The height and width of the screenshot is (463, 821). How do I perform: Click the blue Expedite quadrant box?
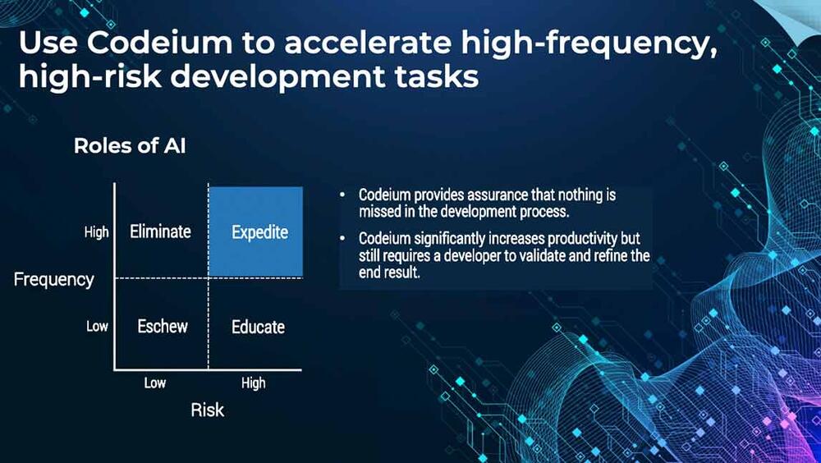[x=256, y=231]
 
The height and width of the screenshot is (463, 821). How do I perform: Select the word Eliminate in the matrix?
[x=160, y=231]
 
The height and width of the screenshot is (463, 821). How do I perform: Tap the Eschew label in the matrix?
[x=163, y=326]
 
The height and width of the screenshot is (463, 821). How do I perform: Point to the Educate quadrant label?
[x=258, y=327]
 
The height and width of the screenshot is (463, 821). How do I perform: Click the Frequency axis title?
[x=54, y=280]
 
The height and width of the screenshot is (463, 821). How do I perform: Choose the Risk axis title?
[x=208, y=410]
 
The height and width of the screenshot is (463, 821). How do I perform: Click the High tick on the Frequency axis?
[x=96, y=232]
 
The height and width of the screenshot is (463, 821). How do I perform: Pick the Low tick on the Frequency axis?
[x=98, y=326]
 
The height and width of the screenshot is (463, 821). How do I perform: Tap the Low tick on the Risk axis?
[x=155, y=383]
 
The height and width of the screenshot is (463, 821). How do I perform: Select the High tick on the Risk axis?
[x=254, y=383]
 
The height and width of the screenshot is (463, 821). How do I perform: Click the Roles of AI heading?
[x=130, y=145]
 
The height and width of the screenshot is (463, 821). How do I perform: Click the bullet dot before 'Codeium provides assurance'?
[x=342, y=195]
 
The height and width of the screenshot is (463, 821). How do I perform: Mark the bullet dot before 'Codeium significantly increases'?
[x=342, y=238]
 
